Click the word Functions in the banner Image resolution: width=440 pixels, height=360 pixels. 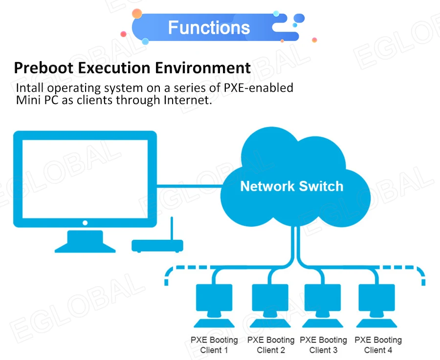point(209,27)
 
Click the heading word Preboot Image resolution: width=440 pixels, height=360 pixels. point(44,68)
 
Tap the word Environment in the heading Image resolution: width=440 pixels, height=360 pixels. point(202,68)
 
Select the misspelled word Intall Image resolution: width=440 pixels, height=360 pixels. point(30,88)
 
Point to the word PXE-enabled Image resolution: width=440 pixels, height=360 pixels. point(259,88)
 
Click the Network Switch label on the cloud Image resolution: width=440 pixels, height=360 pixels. point(292,186)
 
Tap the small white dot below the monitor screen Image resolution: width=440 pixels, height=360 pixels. point(85,223)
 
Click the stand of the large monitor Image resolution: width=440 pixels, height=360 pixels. point(85,241)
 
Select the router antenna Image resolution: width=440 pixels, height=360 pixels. point(172,228)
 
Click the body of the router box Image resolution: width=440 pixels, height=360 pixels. point(157,246)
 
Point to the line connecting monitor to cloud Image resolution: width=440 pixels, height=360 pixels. point(190,186)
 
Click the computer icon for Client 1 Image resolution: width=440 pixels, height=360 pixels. point(214,306)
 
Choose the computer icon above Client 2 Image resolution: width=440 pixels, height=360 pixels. point(270,306)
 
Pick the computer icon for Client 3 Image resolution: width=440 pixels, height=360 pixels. point(323,306)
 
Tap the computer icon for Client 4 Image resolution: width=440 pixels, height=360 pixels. point(376,306)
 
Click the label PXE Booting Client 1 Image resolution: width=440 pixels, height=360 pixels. point(214,345)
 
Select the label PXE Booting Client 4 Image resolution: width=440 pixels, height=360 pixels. point(378,345)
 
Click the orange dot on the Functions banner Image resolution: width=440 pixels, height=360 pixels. point(137,14)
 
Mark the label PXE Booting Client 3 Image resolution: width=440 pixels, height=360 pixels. point(323,345)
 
